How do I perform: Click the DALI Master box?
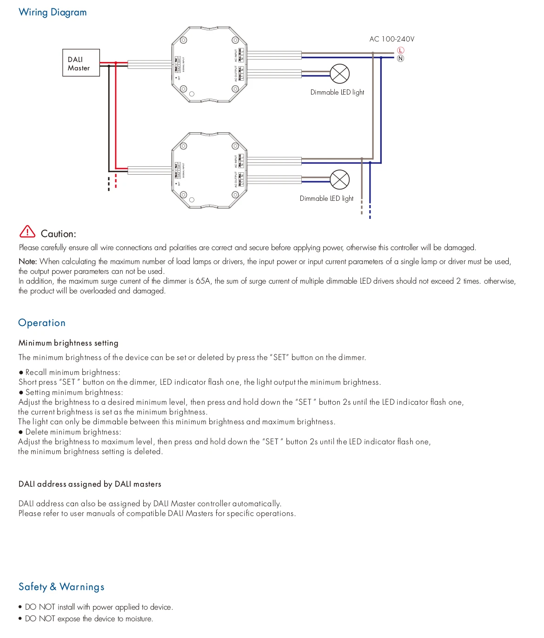pyautogui.click(x=81, y=63)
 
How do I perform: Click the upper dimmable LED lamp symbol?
pyautogui.click(x=340, y=74)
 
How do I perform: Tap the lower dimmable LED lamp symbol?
pyautogui.click(x=339, y=180)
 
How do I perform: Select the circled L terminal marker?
pyautogui.click(x=401, y=50)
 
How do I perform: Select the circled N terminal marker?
pyautogui.click(x=401, y=59)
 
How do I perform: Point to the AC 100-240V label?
pyautogui.click(x=391, y=39)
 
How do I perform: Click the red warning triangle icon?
pyautogui.click(x=27, y=231)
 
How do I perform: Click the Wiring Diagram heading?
pyautogui.click(x=53, y=13)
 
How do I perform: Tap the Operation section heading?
pyautogui.click(x=42, y=323)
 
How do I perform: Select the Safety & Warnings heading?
pyautogui.click(x=61, y=587)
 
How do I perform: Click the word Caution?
pyautogui.click(x=58, y=234)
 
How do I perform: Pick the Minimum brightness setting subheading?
pyautogui.click(x=68, y=343)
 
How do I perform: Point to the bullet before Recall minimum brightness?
pyautogui.click(x=21, y=373)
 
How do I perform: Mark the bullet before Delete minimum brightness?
pyautogui.click(x=21, y=432)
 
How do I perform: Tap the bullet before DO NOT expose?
pyautogui.click(x=20, y=619)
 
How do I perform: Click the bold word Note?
pyautogui.click(x=27, y=262)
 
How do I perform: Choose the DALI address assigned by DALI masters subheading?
pyautogui.click(x=90, y=484)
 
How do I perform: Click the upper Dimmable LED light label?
pyautogui.click(x=337, y=92)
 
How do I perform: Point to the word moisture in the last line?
pyautogui.click(x=139, y=619)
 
